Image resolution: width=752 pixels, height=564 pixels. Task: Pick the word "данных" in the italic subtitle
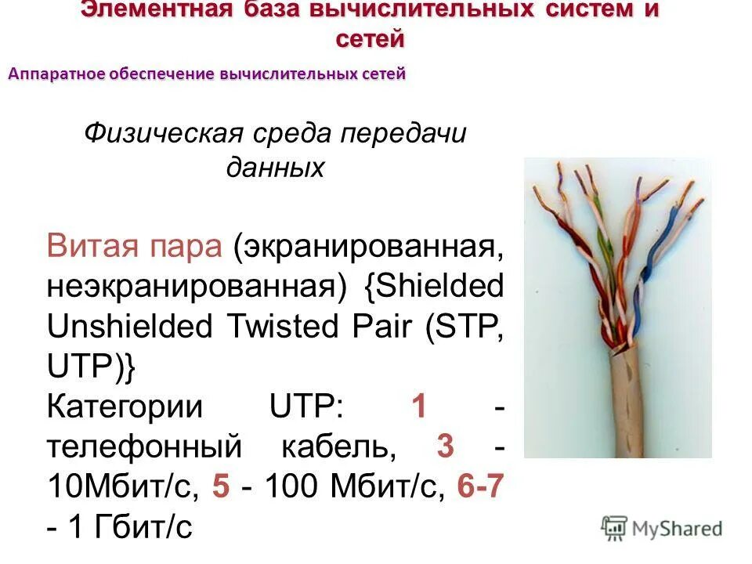[275, 167]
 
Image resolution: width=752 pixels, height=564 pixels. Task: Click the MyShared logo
[662, 528]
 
